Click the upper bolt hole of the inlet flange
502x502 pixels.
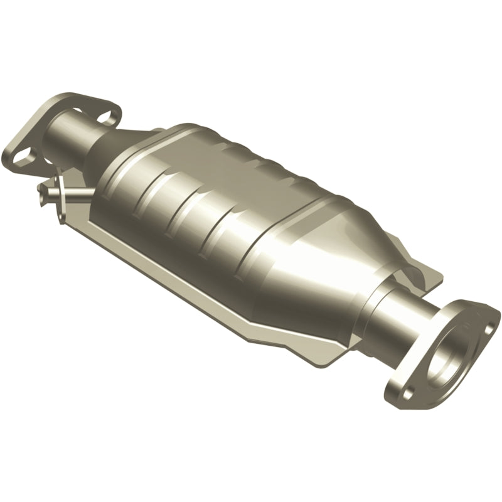coord(111,115)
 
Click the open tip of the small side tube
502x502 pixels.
coord(41,186)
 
